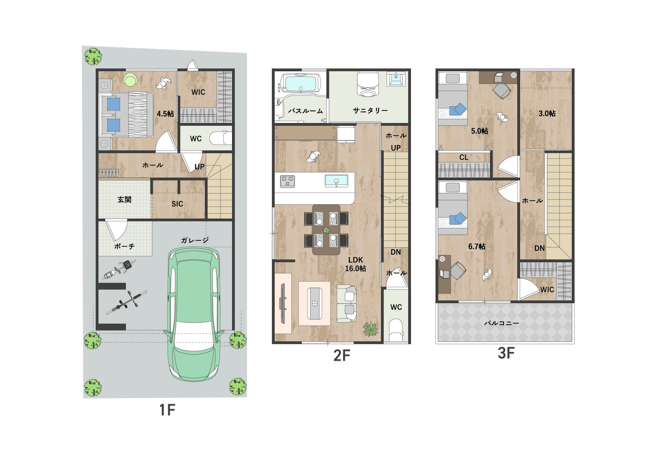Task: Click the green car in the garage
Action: coord(194,314)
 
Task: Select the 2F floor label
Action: coord(342,356)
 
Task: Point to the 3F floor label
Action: coord(506,353)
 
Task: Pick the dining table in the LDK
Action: coord(326,230)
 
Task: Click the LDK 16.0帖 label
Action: coord(356,264)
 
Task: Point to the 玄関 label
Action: coord(124,200)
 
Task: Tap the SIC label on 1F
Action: coord(177,204)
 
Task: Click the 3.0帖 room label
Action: coord(547,114)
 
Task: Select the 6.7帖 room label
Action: coord(477,247)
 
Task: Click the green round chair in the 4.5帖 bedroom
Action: coord(130,79)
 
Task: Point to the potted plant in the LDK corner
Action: coord(370,329)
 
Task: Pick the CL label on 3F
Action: coord(464,157)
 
